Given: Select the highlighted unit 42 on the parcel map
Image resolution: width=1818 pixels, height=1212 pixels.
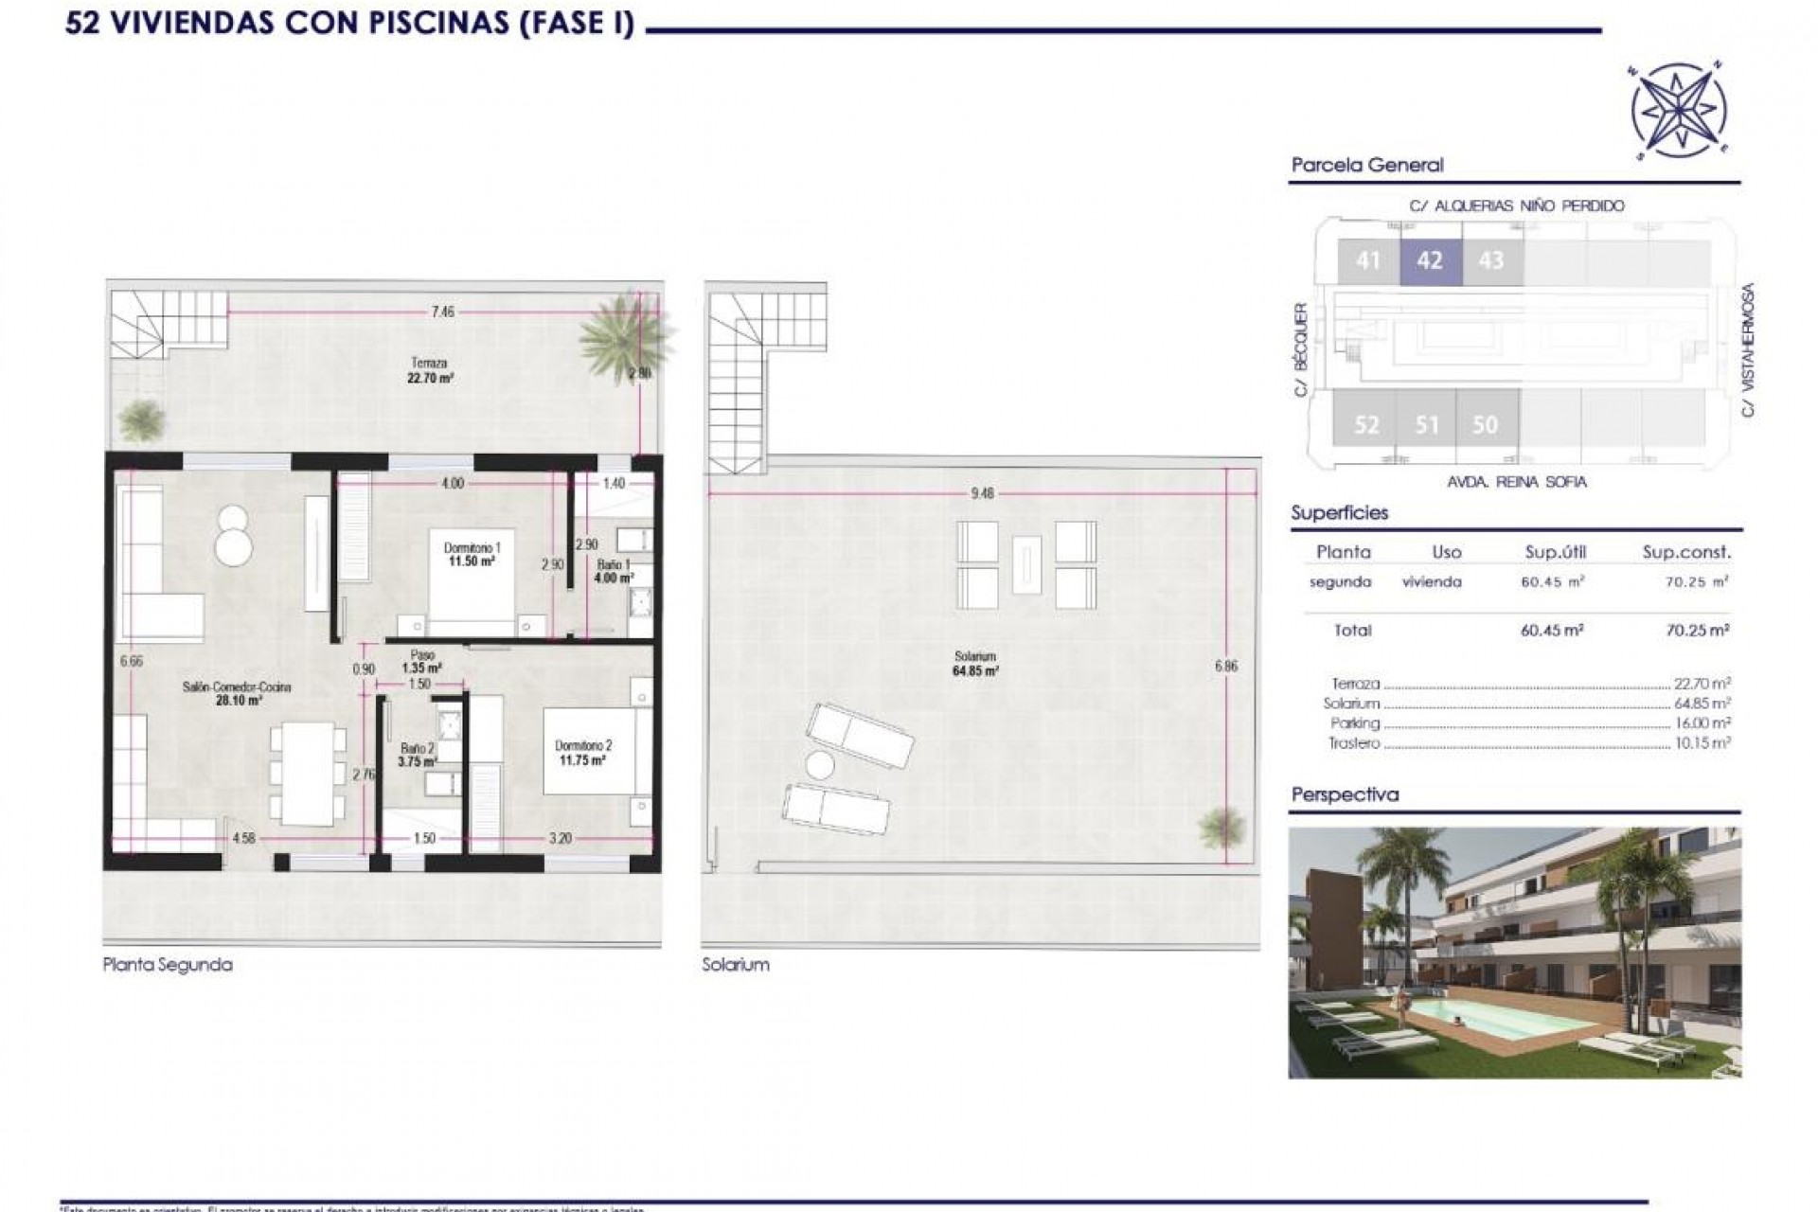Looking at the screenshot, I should point(1430,260).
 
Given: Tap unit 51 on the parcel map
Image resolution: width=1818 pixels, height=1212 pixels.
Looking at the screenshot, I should point(1427,424).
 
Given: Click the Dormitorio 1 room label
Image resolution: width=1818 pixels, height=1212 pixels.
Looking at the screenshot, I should point(472,554).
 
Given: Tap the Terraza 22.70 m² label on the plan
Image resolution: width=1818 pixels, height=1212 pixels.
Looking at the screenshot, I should point(429,370).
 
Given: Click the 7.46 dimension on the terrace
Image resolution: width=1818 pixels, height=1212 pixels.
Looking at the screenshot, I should point(442,312).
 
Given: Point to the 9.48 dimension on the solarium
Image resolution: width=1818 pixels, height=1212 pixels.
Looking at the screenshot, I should point(982,493).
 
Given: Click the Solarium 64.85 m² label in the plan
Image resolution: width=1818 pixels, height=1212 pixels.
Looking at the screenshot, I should point(975,664).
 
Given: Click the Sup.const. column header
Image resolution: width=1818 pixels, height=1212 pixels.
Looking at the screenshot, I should point(1685,552).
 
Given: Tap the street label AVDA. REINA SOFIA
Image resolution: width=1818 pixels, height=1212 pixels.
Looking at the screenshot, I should point(1517,482).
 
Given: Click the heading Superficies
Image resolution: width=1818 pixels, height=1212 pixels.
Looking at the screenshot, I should point(1339,513).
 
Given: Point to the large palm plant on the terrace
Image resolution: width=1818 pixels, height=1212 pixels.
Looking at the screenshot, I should point(625,333).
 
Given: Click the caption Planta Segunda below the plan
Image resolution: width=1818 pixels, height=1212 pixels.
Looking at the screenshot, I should point(168,965).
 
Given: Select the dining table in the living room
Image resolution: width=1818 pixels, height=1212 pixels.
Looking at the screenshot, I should point(308,773).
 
